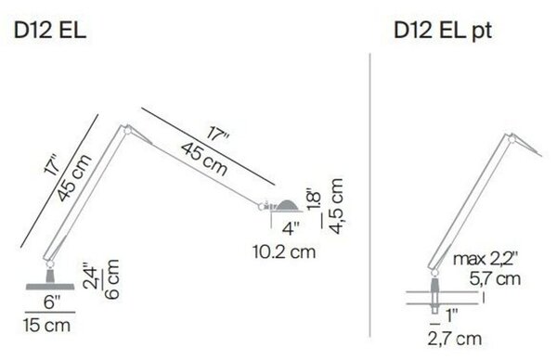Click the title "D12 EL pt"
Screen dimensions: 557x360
(443, 31)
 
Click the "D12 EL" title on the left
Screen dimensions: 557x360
(50, 31)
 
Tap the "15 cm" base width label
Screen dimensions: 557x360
(46, 326)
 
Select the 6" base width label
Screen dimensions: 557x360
(52, 302)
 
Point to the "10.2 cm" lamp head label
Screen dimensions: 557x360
(284, 251)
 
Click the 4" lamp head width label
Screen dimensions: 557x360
(291, 228)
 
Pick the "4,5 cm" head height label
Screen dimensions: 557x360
(336, 206)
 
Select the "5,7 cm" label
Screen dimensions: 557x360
(495, 278)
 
